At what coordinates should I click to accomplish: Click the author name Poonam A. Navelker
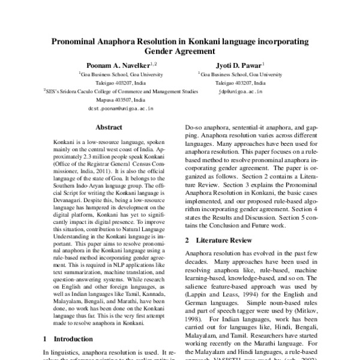118,64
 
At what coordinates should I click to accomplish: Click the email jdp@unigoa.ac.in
241,92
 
